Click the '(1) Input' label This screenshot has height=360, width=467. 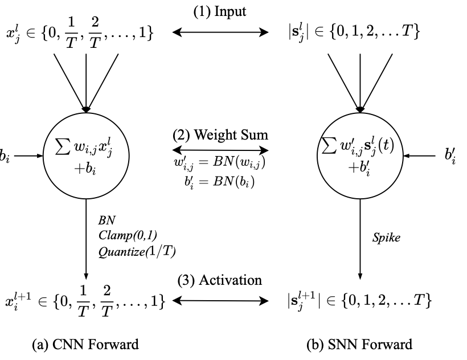[x=220, y=12]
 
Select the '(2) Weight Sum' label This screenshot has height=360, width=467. [x=220, y=135]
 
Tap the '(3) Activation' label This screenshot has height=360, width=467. [x=220, y=280]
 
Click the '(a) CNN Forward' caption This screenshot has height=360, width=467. [x=85, y=345]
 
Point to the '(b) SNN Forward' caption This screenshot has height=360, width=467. [x=359, y=345]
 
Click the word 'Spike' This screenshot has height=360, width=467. [x=386, y=238]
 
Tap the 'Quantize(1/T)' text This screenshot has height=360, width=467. [x=137, y=252]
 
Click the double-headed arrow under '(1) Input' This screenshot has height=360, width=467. [x=220, y=32]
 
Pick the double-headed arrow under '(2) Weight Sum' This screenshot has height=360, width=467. [x=220, y=150]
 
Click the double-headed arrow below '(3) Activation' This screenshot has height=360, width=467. [x=220, y=301]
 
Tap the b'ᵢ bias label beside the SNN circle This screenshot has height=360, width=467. [x=450, y=156]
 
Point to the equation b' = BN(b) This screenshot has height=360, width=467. [x=219, y=182]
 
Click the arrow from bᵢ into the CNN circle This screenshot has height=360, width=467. [x=28, y=156]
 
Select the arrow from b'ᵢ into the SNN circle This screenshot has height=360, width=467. [x=419, y=156]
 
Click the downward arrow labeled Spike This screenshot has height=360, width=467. [x=360, y=239]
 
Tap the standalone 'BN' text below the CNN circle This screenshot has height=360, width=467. [x=106, y=220]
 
